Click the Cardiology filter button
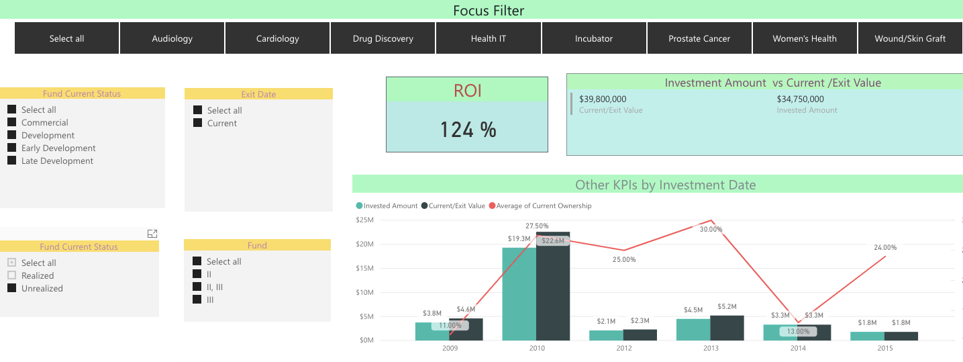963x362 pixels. [277, 38]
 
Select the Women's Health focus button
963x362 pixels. [805, 38]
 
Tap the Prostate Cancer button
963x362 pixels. [699, 38]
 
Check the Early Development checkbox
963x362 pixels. [12, 148]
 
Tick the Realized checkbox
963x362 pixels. [12, 275]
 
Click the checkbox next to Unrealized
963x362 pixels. [12, 288]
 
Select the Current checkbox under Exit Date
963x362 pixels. [198, 123]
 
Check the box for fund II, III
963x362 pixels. [197, 287]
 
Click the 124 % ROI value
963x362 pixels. [468, 130]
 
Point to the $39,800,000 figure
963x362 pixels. [603, 99]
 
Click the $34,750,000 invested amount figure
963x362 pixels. [801, 99]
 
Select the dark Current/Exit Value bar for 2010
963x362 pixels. [553, 286]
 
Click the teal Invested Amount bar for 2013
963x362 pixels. [693, 330]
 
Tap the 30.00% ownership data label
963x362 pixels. [711, 230]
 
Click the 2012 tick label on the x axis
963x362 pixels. [624, 348]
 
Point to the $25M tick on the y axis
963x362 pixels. [364, 220]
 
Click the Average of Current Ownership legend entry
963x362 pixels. [540, 206]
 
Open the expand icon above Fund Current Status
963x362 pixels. [152, 234]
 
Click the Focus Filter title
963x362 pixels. [489, 10]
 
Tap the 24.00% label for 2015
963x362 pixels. [885, 248]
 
